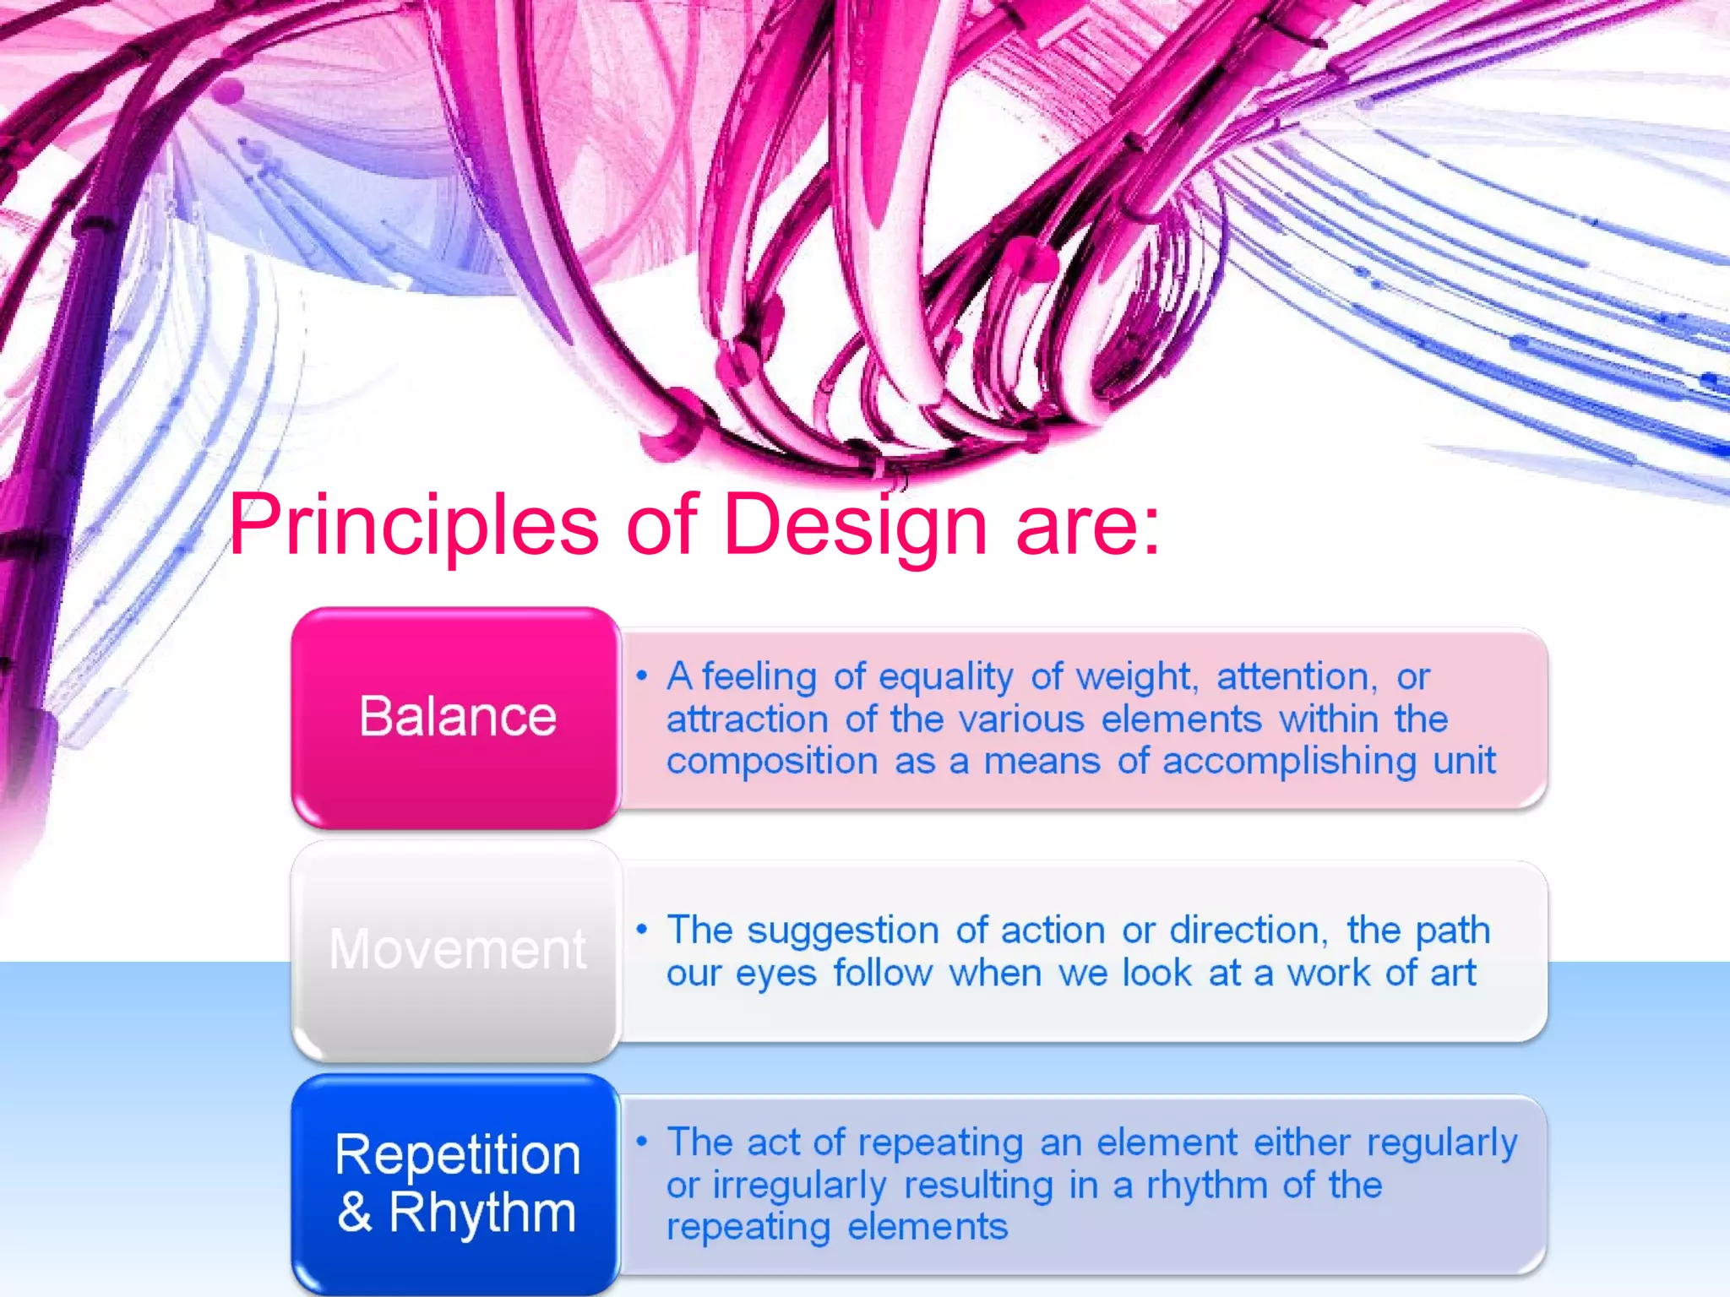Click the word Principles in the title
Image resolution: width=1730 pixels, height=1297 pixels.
[413, 525]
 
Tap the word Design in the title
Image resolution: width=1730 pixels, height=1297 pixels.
[855, 525]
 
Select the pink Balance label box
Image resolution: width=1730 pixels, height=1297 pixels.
[456, 718]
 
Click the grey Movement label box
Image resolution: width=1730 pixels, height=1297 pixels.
[456, 950]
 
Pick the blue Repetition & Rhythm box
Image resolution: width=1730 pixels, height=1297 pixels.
[456, 1184]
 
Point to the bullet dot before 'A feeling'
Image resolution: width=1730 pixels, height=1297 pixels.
[642, 676]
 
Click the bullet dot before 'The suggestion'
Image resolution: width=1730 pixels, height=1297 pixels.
[642, 930]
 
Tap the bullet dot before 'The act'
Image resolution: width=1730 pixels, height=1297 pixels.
[642, 1142]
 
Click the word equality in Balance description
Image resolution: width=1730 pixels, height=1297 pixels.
[945, 677]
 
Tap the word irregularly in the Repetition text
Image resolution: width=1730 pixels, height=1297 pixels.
[799, 1186]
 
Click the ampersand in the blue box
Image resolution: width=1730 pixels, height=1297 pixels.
[355, 1213]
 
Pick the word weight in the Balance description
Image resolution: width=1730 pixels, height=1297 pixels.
[1134, 677]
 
